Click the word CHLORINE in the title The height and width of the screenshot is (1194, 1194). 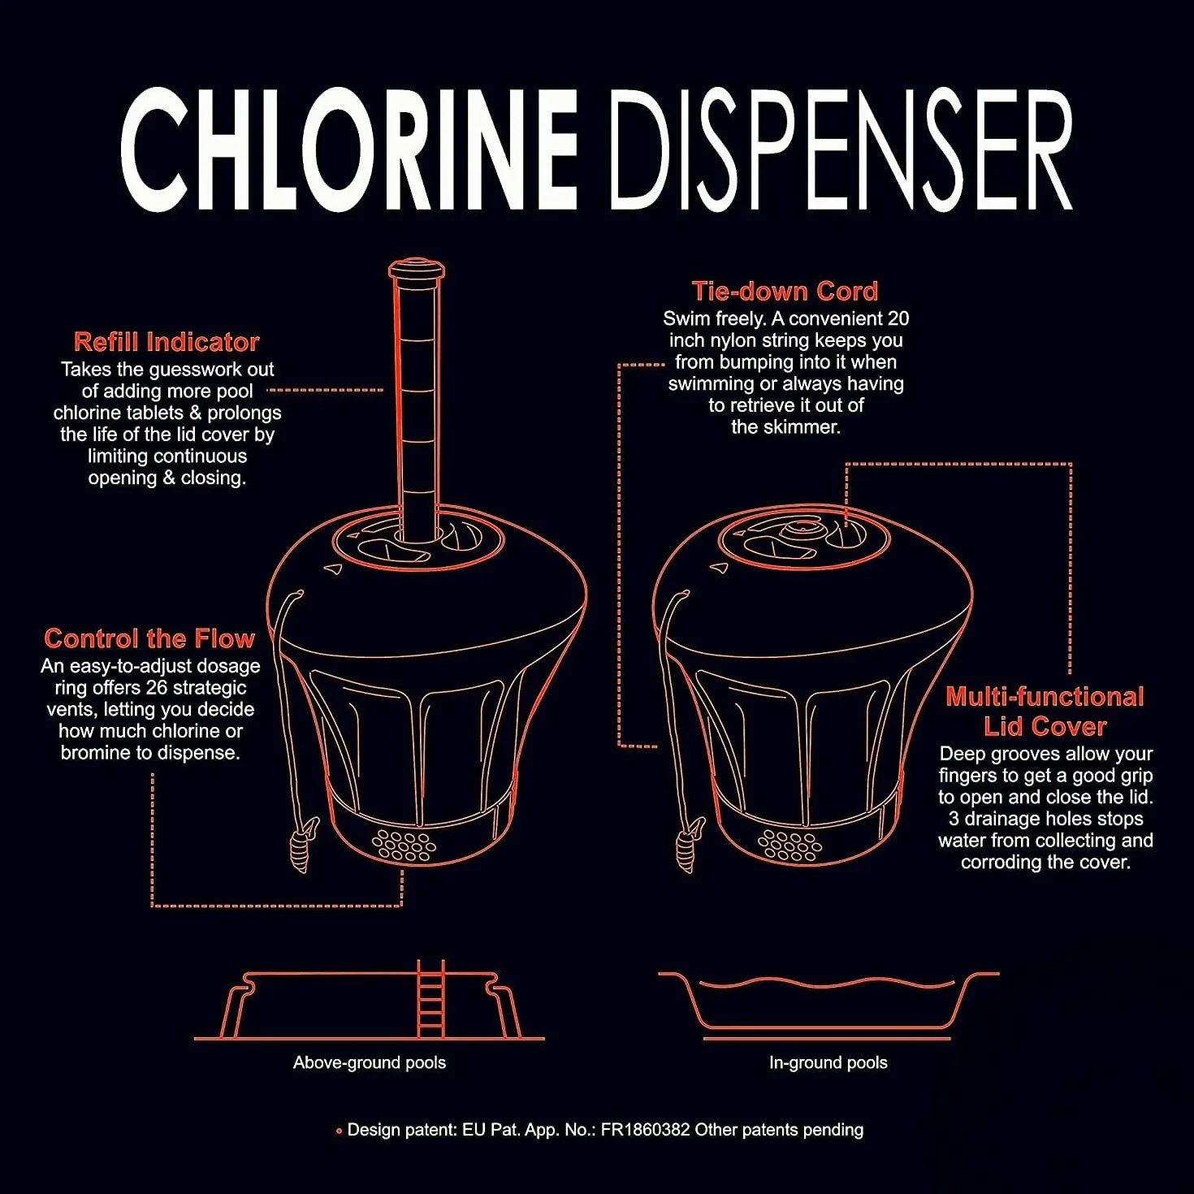tap(348, 151)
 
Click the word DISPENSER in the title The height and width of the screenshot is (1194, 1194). tap(841, 151)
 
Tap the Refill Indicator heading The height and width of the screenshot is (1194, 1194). tap(167, 342)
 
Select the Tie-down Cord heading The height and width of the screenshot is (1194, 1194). tap(785, 292)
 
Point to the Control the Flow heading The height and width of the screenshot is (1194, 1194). tap(150, 638)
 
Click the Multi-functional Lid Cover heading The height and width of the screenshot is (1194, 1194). tap(1045, 712)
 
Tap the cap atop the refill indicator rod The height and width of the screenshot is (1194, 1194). tap(417, 270)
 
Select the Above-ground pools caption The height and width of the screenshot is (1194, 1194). tap(370, 1062)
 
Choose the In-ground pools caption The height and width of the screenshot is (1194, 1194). tap(828, 1062)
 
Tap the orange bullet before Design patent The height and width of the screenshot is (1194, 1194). tap(339, 1131)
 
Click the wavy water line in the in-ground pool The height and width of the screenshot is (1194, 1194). tap(827, 984)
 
